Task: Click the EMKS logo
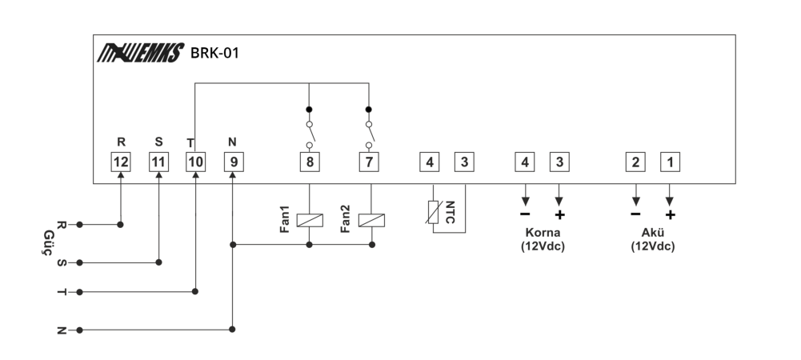[141, 53]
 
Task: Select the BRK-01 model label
[214, 53]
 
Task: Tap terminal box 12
[121, 162]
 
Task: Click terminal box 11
[158, 162]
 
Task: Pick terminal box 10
[196, 162]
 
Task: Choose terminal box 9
[234, 162]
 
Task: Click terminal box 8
[310, 162]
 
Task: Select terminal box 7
[369, 162]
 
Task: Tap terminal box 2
[635, 162]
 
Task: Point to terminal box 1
[671, 162]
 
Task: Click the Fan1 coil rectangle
[310, 220]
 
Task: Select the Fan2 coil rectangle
[371, 220]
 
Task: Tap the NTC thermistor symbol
[433, 212]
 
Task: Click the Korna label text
[543, 233]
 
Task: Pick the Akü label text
[652, 233]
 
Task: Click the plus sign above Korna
[560, 215]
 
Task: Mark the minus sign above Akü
[635, 214]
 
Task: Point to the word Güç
[49, 242]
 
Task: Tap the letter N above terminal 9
[232, 142]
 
